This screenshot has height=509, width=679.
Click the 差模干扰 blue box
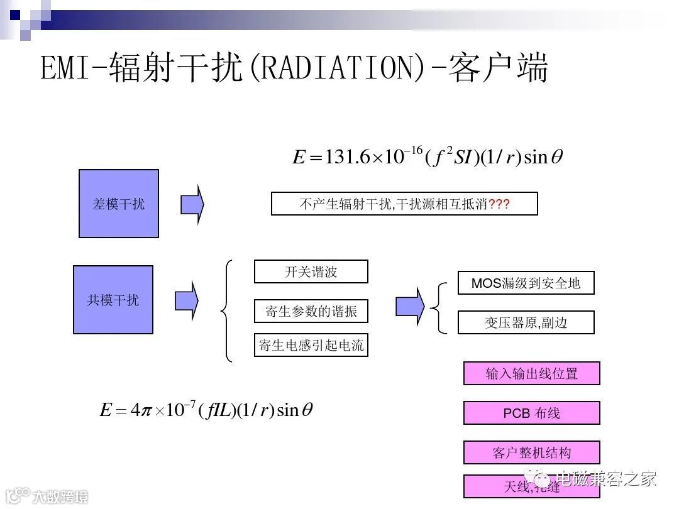(x=119, y=204)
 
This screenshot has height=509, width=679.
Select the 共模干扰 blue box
(x=113, y=300)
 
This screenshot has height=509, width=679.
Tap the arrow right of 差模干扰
(x=192, y=204)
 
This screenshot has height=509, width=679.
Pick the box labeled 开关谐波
(x=311, y=271)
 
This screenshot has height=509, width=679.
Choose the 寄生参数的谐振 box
(x=311, y=312)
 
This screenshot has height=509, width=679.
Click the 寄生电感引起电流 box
(x=311, y=345)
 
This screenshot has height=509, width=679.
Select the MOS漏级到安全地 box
(x=526, y=283)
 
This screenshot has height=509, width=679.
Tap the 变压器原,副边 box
(x=526, y=322)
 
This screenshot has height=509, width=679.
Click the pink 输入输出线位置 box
(x=531, y=373)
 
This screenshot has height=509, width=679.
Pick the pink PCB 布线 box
(x=531, y=413)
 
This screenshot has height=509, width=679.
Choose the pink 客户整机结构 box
(x=531, y=452)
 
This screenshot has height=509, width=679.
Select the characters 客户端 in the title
(x=498, y=68)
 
